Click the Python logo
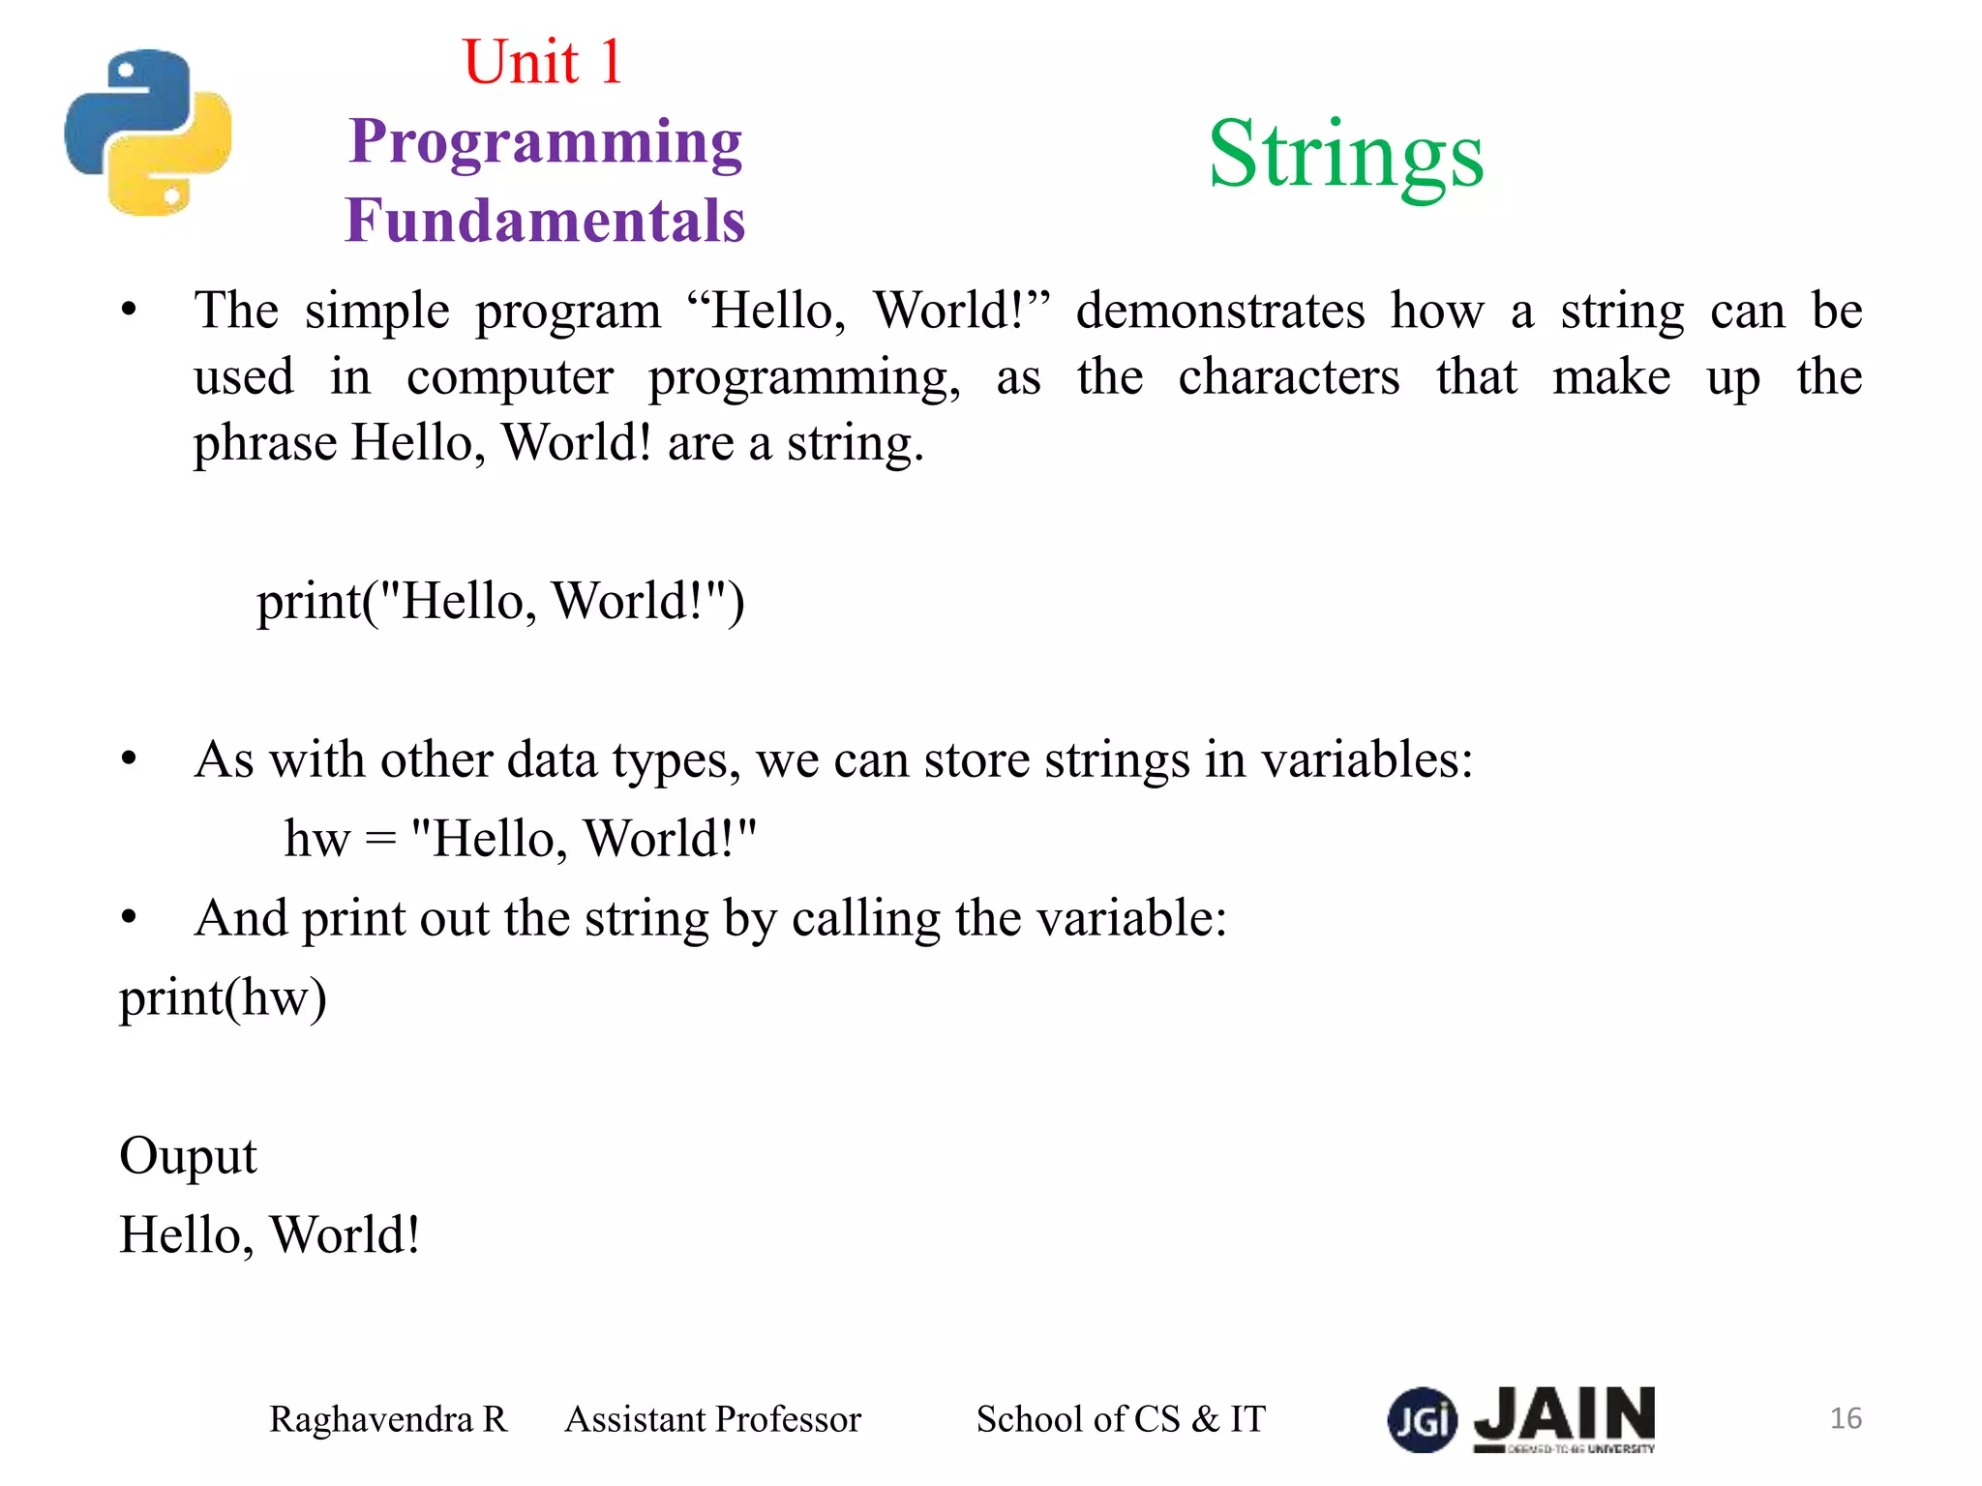pos(148,133)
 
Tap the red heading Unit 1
pos(542,62)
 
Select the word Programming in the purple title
pos(546,143)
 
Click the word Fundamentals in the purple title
pos(546,221)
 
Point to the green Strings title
pos(1345,155)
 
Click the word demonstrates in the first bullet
pos(1220,312)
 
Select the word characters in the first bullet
pos(1288,376)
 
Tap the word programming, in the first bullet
pos(804,378)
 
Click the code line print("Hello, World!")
pos(500,601)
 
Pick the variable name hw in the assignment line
pos(316,839)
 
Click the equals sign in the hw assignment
pos(380,839)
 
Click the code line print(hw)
pos(223,998)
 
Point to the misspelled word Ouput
pos(188,1156)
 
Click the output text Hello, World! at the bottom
pos(270,1235)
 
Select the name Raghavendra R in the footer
pos(388,1419)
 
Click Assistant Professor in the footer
pos(712,1419)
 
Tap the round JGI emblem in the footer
pos(1422,1419)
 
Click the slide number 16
pos(1846,1418)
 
